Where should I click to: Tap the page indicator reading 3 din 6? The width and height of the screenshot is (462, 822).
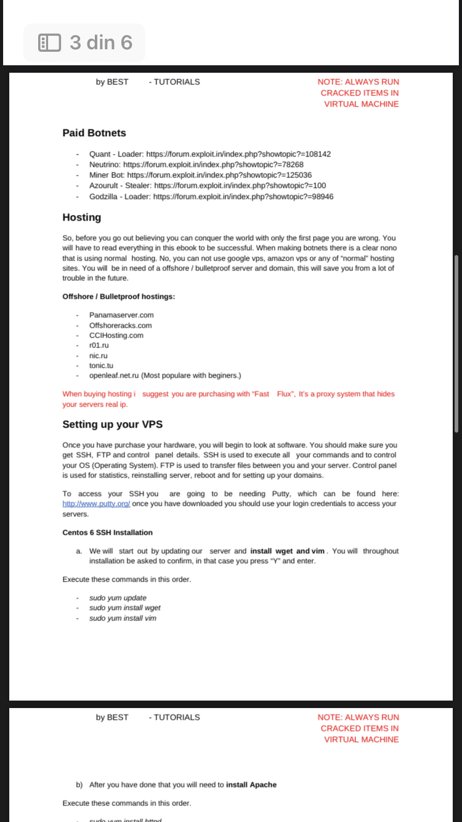coord(100,43)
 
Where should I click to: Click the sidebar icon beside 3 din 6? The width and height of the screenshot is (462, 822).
coord(49,43)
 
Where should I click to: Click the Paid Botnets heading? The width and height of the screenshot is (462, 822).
coord(94,133)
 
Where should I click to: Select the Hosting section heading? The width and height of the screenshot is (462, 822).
coord(81,218)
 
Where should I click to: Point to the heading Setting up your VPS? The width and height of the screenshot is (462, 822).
coord(112,425)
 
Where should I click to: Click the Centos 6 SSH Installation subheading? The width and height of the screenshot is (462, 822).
coord(107,532)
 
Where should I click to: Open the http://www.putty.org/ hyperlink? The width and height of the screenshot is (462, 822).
coord(96,503)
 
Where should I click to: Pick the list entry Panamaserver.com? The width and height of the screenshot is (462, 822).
coord(121,315)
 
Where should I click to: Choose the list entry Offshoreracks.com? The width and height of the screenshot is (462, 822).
coord(120,325)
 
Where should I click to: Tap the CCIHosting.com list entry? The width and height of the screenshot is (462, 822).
coord(116,335)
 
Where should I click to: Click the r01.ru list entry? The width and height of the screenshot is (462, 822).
coord(99,346)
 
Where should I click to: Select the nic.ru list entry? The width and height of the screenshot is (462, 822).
coord(99,356)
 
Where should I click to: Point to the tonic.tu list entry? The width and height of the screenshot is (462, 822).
coord(101,365)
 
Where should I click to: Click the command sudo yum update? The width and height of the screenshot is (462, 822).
coord(118,598)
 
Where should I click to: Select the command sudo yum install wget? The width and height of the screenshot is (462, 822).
coord(125,608)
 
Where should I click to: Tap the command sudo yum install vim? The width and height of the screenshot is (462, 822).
coord(123,618)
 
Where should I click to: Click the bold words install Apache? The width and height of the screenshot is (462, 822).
coord(251,785)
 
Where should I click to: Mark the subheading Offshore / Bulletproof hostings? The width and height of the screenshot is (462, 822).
coord(118,296)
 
